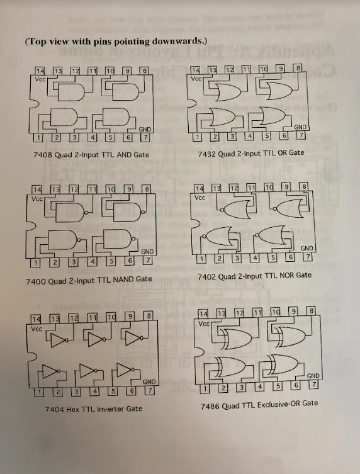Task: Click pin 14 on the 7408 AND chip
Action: click(x=40, y=70)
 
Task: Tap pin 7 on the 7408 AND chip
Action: click(x=146, y=137)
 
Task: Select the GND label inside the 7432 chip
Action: click(x=300, y=126)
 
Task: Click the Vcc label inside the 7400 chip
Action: click(x=37, y=198)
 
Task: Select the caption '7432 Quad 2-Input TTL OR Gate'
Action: click(x=250, y=152)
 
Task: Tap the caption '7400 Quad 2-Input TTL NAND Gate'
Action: click(x=89, y=279)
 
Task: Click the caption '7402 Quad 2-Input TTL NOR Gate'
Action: click(x=254, y=275)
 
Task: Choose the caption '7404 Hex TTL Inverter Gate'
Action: click(x=93, y=409)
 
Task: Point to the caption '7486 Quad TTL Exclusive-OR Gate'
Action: click(x=259, y=403)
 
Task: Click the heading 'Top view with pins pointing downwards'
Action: click(x=115, y=42)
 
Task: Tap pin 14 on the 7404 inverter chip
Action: click(x=38, y=317)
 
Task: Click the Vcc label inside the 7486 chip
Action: click(x=203, y=324)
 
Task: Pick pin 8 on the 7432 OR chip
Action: click(x=298, y=67)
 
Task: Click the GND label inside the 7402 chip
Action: click(x=307, y=248)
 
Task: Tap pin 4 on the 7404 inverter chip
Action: click(x=94, y=392)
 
